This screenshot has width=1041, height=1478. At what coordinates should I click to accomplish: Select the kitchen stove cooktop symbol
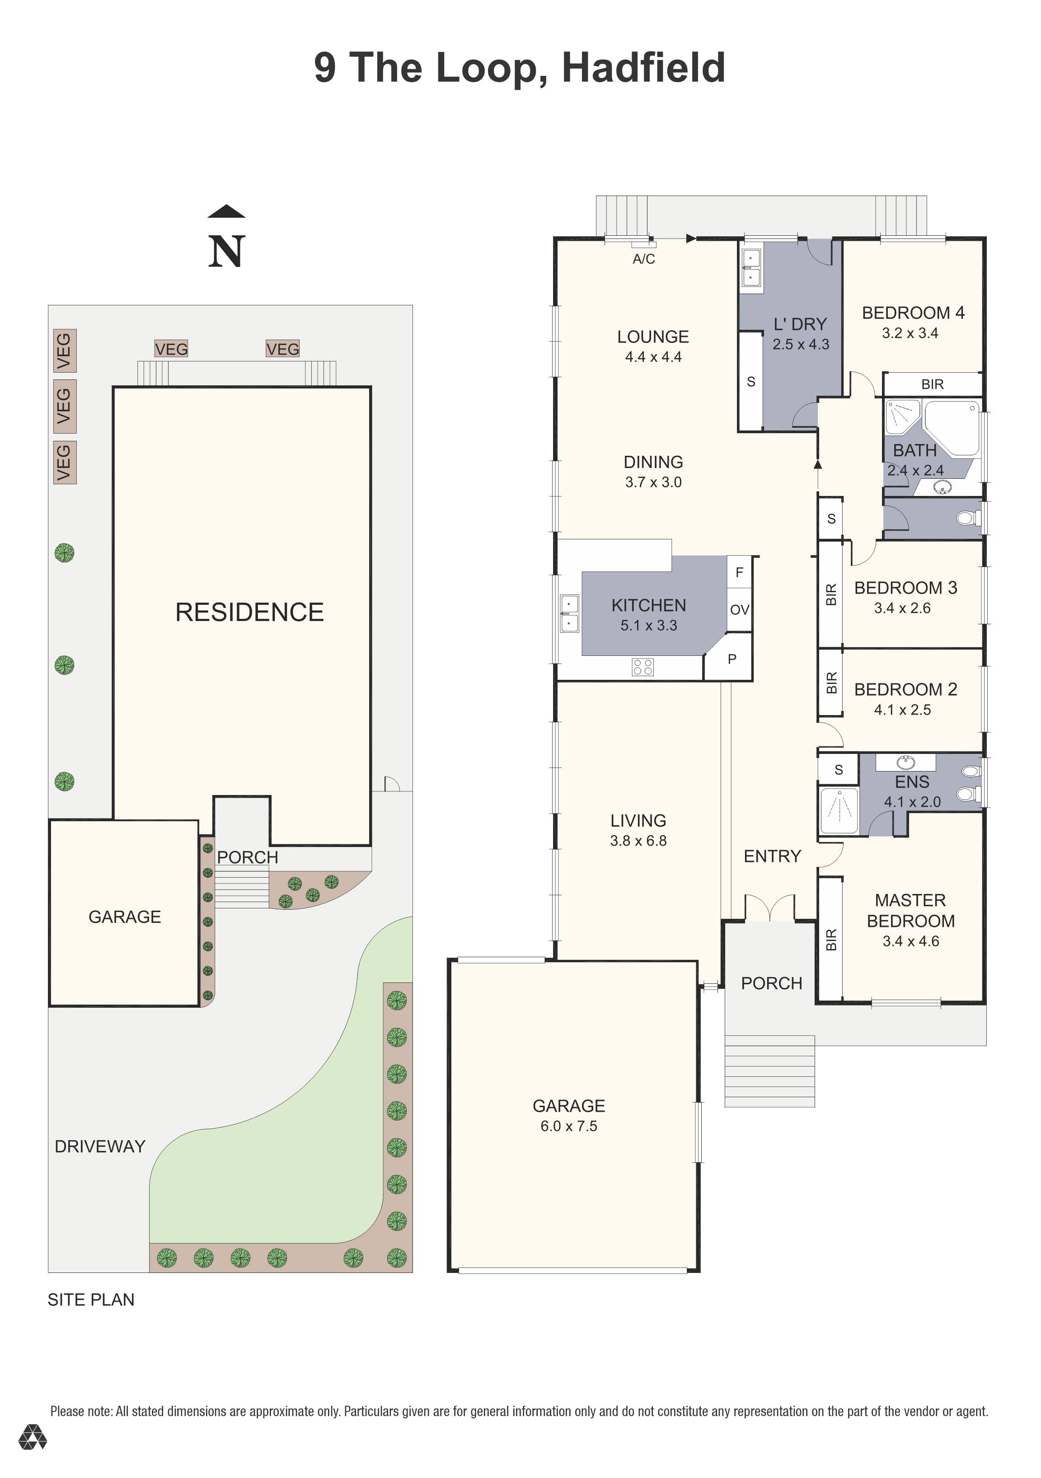pos(642,666)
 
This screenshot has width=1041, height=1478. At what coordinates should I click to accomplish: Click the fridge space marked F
pos(739,571)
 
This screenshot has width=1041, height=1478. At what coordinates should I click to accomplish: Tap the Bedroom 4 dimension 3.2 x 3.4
pos(910,333)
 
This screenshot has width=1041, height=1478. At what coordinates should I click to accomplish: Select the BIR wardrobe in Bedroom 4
pos(932,384)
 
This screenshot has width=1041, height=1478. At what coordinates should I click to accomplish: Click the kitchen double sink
pos(570,613)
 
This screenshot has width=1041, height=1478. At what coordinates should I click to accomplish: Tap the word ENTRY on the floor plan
pos(772,856)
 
